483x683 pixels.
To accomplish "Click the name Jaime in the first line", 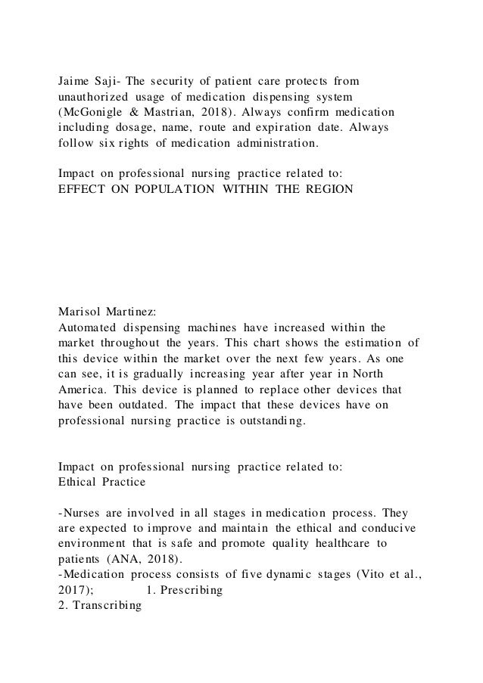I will [x=76, y=79].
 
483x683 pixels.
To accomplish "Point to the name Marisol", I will [x=84, y=312].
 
